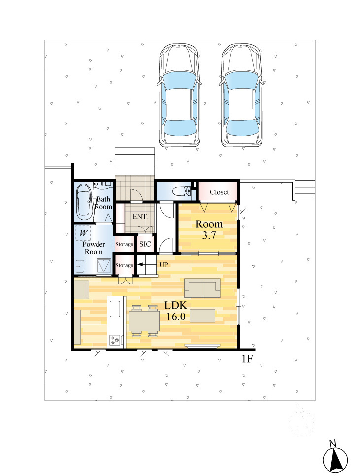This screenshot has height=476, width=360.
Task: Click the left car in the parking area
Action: pos(179,95)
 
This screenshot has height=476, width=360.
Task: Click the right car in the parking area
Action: pos(241,95)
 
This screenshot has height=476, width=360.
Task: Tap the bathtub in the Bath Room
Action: pos(83,202)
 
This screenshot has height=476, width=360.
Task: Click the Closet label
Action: pos(219,192)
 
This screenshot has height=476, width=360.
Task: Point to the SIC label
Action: pos(145,244)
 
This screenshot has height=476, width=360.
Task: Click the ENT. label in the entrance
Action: pos(140,217)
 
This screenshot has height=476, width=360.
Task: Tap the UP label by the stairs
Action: pos(164,265)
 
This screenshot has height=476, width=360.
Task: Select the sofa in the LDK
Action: pos(202,288)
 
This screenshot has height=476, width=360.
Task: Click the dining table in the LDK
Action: pos(144,321)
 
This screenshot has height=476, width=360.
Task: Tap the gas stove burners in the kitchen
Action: pos(115,340)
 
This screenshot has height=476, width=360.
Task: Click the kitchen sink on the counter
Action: pos(115,309)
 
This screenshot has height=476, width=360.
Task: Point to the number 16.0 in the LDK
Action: pos(176,317)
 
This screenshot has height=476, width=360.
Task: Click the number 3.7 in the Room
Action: pos(209,235)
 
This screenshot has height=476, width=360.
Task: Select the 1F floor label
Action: pos(247,359)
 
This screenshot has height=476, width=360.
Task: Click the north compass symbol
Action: pos(335,459)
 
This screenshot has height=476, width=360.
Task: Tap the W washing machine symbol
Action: pos(83,233)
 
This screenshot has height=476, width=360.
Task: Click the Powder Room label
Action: pos(94,248)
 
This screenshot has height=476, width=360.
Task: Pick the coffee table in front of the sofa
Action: pos(202,316)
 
